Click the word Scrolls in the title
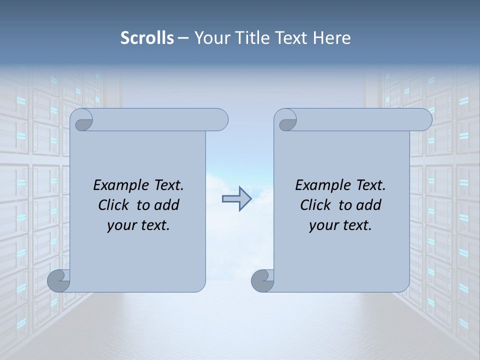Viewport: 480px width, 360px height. (147, 37)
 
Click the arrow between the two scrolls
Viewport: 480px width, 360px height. (236, 199)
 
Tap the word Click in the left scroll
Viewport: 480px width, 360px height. (114, 205)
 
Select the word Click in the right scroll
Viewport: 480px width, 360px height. (316, 205)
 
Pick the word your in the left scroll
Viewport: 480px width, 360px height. (120, 225)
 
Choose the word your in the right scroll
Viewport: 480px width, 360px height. (322, 225)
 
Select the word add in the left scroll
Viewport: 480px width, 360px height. (167, 205)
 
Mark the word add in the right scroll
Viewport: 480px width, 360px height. (369, 205)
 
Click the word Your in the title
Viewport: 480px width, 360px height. (211, 37)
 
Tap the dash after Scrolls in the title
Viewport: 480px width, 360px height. (183, 38)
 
